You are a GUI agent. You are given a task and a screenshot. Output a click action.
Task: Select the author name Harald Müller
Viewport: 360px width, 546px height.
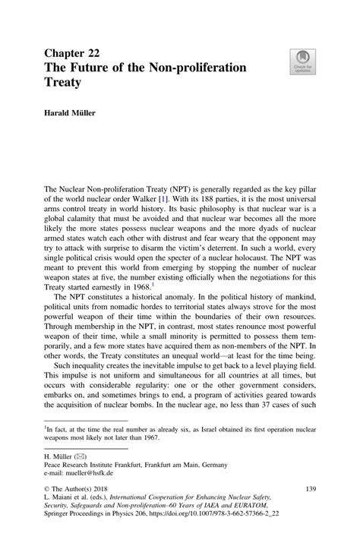74,114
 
